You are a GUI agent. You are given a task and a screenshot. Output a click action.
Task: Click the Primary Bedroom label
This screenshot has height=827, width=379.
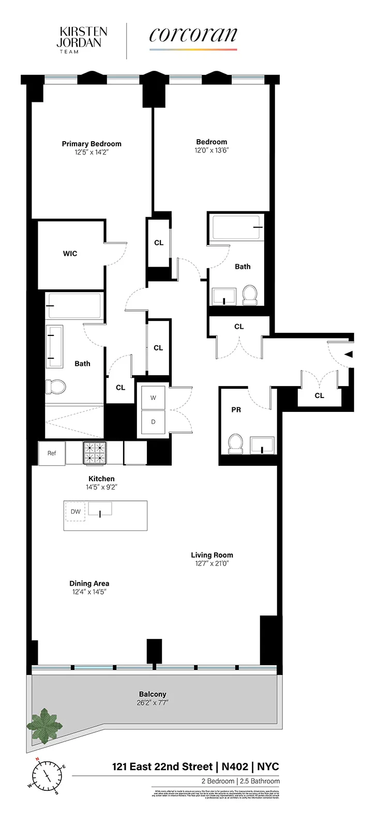click(x=92, y=144)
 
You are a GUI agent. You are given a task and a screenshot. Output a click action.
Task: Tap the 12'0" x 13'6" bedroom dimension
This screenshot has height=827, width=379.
click(x=211, y=150)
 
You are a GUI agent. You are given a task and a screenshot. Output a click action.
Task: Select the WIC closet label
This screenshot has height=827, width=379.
click(x=70, y=253)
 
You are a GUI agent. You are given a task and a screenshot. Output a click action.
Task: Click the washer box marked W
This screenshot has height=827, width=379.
click(x=153, y=397)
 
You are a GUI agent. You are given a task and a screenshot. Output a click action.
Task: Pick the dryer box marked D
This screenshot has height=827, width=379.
click(x=153, y=422)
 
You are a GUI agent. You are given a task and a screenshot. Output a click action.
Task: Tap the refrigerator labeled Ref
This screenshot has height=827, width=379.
click(x=52, y=453)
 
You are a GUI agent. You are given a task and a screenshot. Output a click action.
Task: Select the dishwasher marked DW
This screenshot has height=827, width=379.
click(x=75, y=512)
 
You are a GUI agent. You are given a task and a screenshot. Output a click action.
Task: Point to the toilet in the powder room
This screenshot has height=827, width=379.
click(x=236, y=443)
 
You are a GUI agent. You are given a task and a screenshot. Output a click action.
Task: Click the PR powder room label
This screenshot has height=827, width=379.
click(x=236, y=410)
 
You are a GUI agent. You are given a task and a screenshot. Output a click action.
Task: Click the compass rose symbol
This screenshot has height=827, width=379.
click(x=47, y=776)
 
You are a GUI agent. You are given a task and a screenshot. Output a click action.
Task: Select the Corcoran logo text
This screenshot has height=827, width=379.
click(x=193, y=35)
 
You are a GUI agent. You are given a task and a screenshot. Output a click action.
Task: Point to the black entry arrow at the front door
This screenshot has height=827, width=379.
click(x=348, y=355)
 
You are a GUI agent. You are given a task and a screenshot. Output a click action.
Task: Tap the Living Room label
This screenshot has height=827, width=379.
click(x=211, y=555)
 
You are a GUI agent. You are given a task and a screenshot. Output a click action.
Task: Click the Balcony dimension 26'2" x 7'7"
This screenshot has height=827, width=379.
click(x=153, y=702)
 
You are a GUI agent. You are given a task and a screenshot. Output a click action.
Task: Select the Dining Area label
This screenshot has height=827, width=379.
click(x=89, y=584)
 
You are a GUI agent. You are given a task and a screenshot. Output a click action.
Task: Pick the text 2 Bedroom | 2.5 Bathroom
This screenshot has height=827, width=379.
click(x=240, y=781)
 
